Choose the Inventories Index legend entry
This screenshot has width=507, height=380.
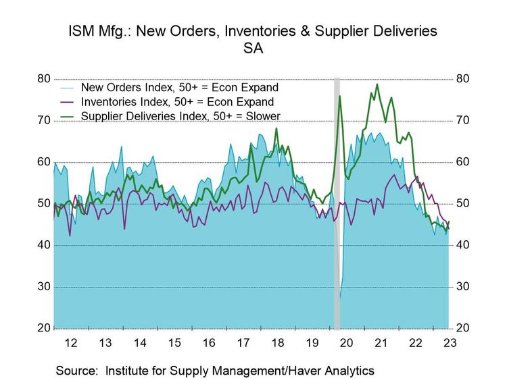(177, 102)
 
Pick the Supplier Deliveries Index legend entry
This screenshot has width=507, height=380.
(180, 116)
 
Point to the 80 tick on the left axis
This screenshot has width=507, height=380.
(43, 79)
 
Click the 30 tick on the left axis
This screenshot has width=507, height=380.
(43, 287)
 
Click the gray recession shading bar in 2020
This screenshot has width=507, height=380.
(337, 202)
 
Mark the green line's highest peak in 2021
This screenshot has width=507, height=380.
(377, 84)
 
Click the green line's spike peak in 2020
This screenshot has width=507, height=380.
(339, 96)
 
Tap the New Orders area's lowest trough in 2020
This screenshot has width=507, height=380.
(340, 298)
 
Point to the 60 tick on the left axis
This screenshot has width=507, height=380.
(43, 162)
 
